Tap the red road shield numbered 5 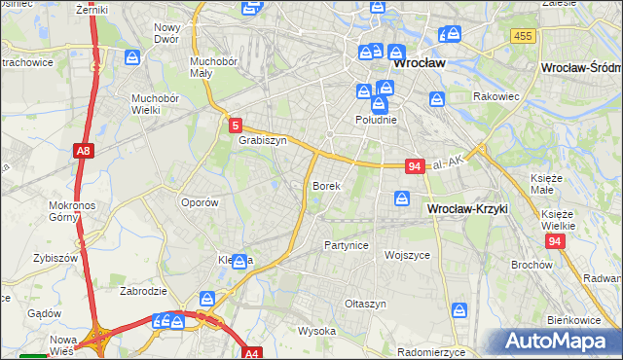[236, 125]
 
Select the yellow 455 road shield [523, 36]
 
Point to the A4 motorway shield [252, 353]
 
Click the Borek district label [326, 185]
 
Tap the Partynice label [347, 245]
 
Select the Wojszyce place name [407, 255]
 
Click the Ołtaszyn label [365, 304]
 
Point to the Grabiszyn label [262, 140]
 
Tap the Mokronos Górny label [69, 211]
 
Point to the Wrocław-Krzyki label [467, 209]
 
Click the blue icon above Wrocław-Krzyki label [402, 199]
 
